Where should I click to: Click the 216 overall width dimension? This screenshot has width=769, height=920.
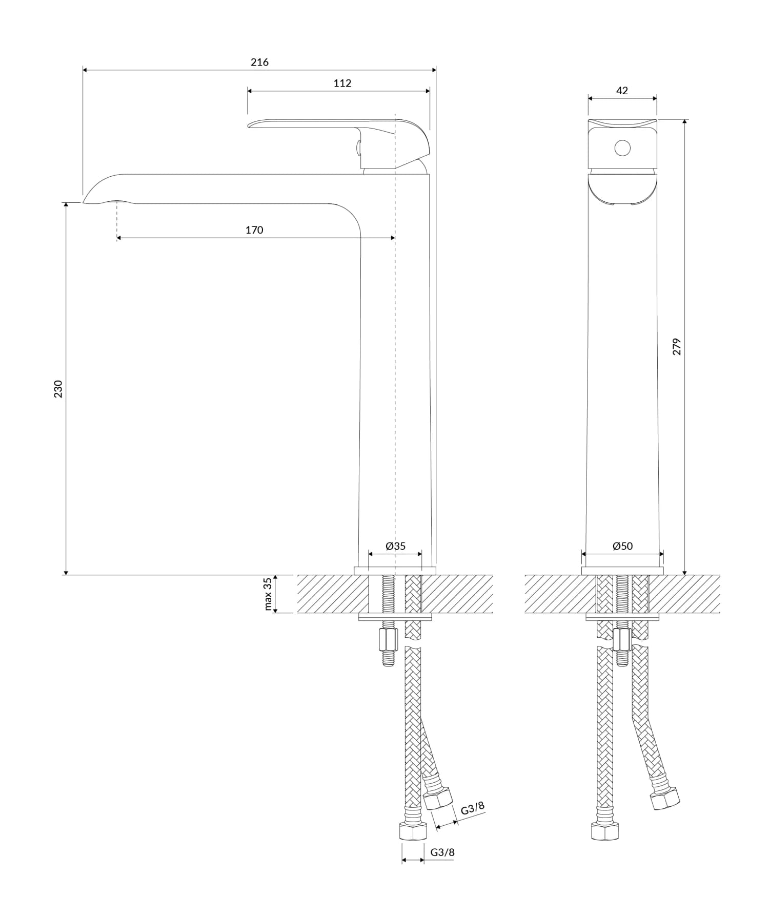[259, 62]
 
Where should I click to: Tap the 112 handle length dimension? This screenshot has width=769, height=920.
[342, 83]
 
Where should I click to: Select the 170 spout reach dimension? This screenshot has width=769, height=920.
[254, 230]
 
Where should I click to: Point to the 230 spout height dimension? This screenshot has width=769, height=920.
[58, 389]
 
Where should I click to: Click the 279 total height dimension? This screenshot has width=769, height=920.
[677, 347]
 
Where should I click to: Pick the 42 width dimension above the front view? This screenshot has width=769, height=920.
[622, 91]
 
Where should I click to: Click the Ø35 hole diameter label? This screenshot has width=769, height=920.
[395, 546]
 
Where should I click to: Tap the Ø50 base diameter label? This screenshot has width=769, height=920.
[622, 546]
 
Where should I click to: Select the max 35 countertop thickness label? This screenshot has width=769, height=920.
[267, 594]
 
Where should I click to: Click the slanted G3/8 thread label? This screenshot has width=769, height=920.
[472, 808]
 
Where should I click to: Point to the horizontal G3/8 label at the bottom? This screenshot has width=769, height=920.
[442, 852]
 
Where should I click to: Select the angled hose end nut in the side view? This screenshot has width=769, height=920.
[438, 799]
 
